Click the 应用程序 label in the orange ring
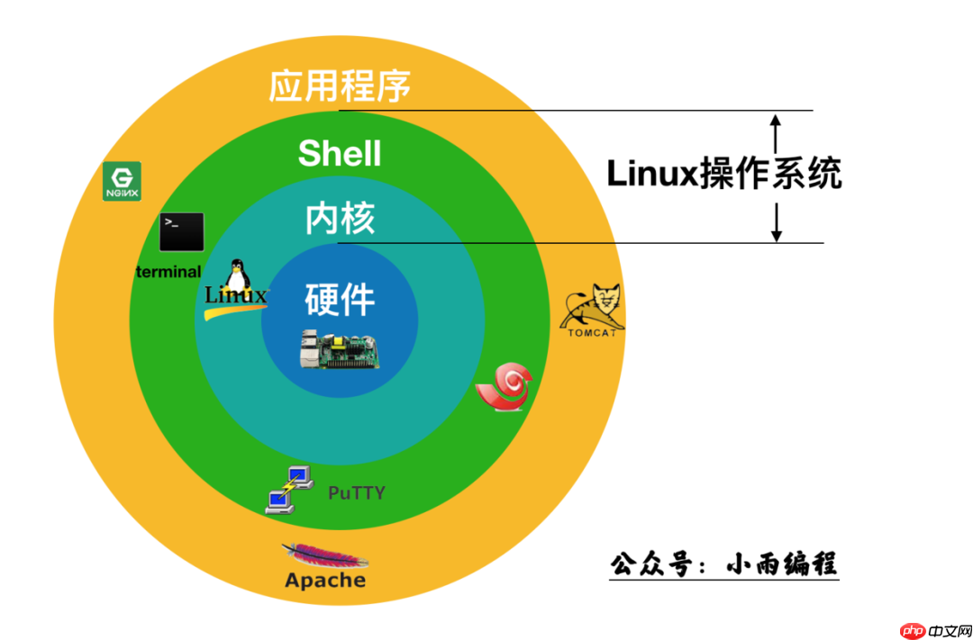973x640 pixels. (x=340, y=86)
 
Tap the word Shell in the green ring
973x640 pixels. (x=340, y=153)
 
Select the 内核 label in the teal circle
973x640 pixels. (x=340, y=219)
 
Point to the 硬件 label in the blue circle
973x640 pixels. (x=340, y=299)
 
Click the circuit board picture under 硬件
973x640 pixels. (x=340, y=349)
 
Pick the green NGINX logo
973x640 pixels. (x=122, y=182)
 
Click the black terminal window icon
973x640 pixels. (x=181, y=232)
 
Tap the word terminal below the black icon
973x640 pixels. (x=168, y=271)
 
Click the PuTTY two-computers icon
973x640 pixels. (x=289, y=490)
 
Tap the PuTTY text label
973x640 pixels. (x=356, y=492)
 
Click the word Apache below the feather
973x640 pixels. (x=325, y=581)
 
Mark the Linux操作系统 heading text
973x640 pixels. (x=723, y=173)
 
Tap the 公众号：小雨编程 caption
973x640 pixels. (x=723, y=564)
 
